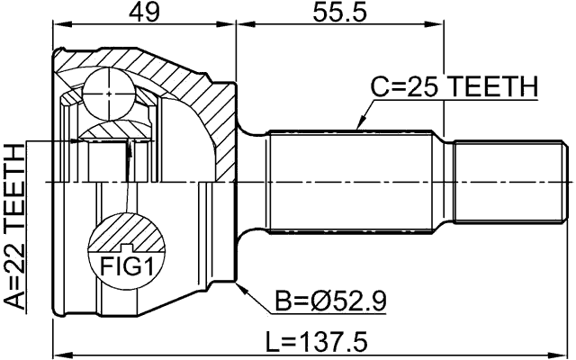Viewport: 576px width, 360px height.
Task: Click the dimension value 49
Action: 142,13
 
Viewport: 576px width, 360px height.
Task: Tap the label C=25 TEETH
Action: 454,88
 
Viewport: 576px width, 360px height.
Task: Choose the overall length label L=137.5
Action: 323,343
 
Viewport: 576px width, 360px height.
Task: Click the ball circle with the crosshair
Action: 108,91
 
